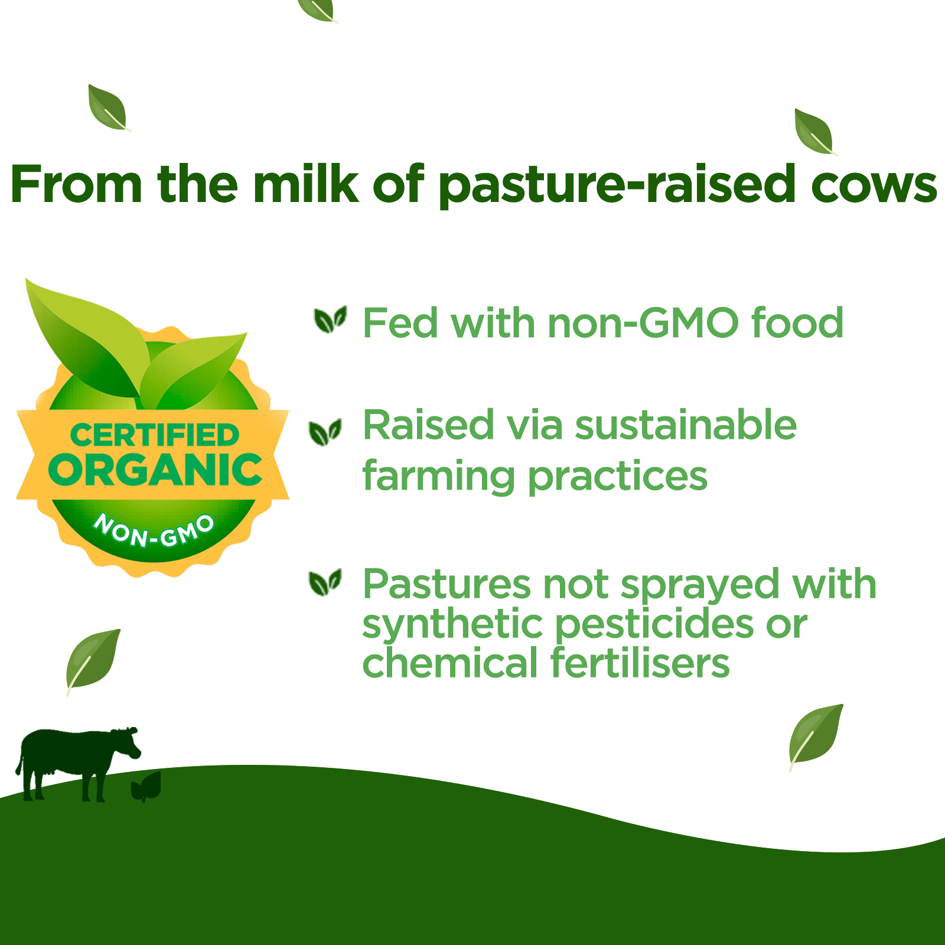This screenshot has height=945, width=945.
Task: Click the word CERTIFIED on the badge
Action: [155, 435]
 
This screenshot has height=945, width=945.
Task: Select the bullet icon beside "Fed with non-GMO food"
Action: [330, 320]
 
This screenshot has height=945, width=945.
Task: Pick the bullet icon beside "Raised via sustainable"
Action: [325, 432]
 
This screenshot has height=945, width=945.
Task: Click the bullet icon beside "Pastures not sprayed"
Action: [325, 583]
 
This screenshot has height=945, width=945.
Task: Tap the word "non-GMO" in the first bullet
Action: [643, 323]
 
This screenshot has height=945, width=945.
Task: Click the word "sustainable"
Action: [686, 425]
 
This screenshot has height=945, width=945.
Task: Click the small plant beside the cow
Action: [145, 787]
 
